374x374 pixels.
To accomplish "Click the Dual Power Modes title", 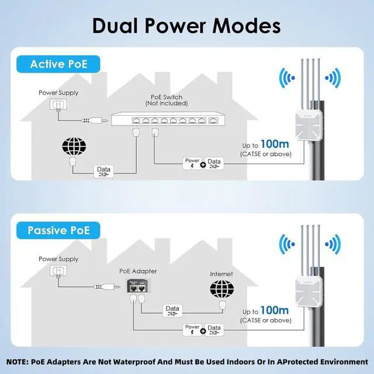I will (x=187, y=25).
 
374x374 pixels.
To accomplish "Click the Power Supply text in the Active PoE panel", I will (x=58, y=92).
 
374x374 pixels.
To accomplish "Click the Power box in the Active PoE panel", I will (x=192, y=162).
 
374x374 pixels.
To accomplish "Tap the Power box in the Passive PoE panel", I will (x=192, y=330).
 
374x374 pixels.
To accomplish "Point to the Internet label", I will (x=221, y=273).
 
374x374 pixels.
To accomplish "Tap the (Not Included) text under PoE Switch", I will (x=167, y=103).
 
